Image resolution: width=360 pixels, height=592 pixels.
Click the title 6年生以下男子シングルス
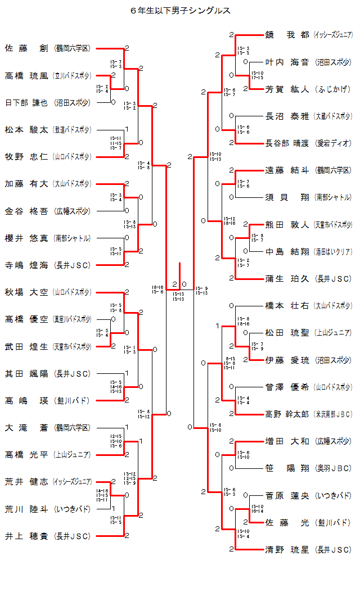point(180,11)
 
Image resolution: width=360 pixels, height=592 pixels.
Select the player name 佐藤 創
point(26,48)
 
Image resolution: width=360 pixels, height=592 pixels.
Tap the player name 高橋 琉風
point(26,75)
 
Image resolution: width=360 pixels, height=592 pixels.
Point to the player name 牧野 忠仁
point(26,156)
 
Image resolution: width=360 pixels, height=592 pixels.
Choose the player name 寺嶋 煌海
point(26,265)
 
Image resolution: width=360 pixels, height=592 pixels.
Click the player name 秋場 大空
point(26,292)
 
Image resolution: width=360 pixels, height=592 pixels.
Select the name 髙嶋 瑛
point(26,400)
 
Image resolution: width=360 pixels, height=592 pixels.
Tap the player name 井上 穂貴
point(26,536)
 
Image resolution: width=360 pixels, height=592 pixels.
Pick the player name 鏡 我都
point(287,35)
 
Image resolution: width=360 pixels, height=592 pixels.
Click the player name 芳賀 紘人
point(287,89)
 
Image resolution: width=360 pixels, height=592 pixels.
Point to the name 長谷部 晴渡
point(287,143)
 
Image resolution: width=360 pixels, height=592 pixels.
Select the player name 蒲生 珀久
point(287,278)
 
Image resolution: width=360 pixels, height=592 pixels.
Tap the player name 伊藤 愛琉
point(287,360)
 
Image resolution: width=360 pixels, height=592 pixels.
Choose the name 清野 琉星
point(287,549)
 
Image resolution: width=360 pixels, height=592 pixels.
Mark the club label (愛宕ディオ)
point(334,143)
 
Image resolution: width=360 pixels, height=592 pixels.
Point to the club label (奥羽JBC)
point(334,468)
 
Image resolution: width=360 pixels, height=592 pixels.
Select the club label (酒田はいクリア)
point(334,251)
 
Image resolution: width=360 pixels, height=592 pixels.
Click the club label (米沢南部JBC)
point(334,414)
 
